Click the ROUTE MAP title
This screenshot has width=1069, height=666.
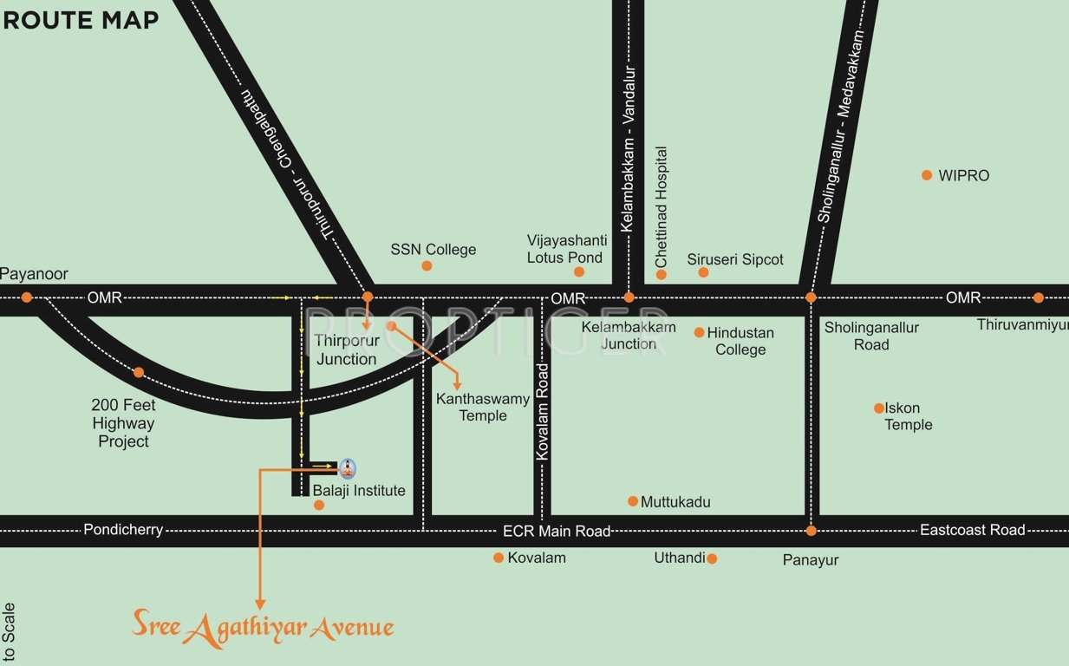(x=81, y=20)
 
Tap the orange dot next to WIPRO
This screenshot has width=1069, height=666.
(x=927, y=175)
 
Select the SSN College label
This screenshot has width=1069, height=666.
(x=433, y=250)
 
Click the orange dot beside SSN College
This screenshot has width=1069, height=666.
(x=427, y=265)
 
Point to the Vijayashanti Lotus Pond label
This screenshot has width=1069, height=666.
(x=567, y=249)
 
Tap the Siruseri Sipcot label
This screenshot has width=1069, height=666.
(x=735, y=259)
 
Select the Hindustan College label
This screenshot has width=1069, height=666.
(x=740, y=341)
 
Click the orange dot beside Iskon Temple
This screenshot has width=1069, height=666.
(x=879, y=408)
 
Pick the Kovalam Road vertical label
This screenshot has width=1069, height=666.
(x=543, y=412)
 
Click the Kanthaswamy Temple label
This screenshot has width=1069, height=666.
(x=483, y=408)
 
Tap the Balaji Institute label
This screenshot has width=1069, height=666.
(x=359, y=491)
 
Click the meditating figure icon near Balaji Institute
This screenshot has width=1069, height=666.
(x=347, y=468)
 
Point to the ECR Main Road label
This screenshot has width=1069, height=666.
(x=557, y=531)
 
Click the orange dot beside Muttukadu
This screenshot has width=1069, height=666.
(x=633, y=501)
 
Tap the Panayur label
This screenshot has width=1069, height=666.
(x=811, y=560)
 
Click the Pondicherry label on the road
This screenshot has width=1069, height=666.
(x=123, y=529)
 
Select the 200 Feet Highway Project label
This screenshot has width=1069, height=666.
(x=123, y=423)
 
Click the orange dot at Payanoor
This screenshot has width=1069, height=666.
(x=27, y=297)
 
